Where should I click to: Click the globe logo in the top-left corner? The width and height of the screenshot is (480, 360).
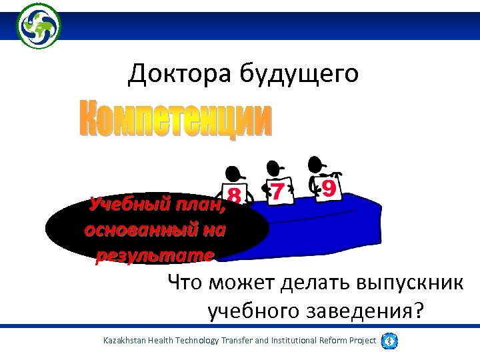(x=39, y=25)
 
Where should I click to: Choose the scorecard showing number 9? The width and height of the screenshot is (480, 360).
(x=328, y=187)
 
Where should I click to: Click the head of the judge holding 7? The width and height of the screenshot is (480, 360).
(x=274, y=168)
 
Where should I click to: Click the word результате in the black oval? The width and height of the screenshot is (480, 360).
(x=155, y=255)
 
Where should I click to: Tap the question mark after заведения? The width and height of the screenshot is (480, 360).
(x=417, y=311)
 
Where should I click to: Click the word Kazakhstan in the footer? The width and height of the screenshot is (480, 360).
(x=126, y=341)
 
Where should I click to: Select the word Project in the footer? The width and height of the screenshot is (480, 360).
(x=359, y=341)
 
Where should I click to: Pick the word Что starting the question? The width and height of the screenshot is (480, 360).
(x=186, y=283)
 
